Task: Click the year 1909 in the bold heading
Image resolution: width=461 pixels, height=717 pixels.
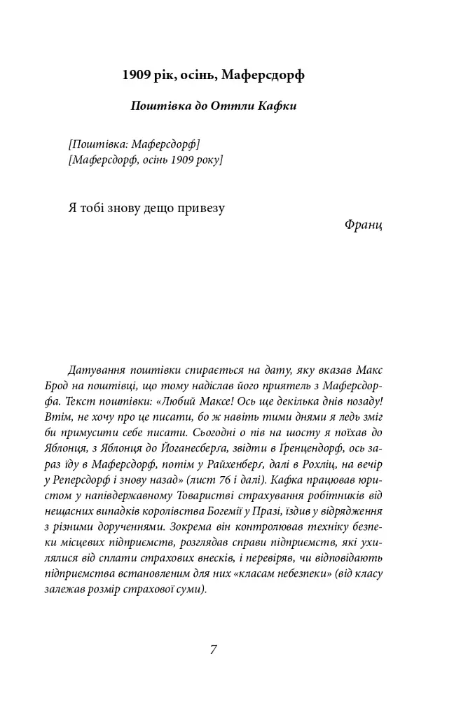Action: [136, 74]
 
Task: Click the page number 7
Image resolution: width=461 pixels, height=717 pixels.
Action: [213, 649]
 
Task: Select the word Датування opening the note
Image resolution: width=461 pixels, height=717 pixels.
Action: [99, 369]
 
